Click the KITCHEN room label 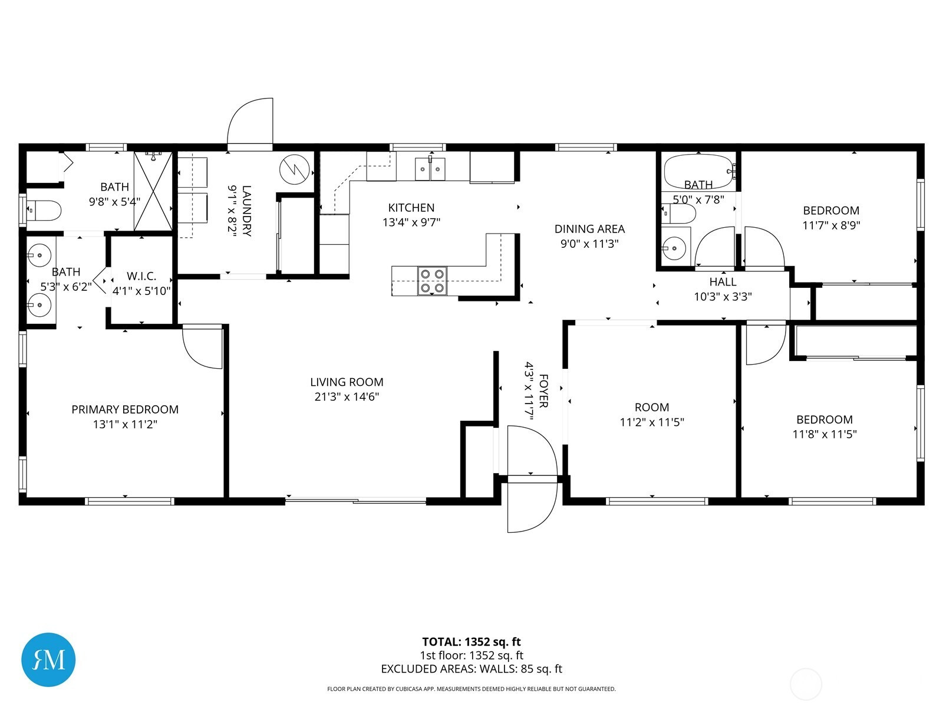coord(411,208)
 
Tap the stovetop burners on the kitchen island coord(432,281)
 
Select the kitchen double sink coord(430,169)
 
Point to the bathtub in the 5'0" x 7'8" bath coord(698,172)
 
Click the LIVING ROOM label coord(347,382)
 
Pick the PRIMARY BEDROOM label coord(125,409)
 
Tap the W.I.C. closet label coord(141,276)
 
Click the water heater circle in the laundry coord(294,169)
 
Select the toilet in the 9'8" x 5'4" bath coord(44,210)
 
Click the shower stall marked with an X coord(153,191)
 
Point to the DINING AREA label coord(589,229)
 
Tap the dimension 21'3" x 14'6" coord(347,396)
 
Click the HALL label coord(723,282)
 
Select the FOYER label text coord(543,391)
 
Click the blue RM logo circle coord(48,660)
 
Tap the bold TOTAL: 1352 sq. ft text coord(471,642)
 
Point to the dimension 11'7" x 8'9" coord(831,225)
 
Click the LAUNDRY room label coord(246,211)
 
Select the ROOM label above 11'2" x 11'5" coord(652,407)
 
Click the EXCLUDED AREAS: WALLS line coord(471,669)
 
